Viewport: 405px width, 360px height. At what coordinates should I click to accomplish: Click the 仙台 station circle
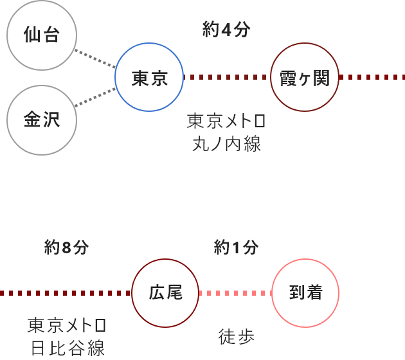point(42,35)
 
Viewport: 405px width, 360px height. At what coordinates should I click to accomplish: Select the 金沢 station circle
point(42,120)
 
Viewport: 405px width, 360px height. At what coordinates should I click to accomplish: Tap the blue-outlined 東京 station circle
point(149,78)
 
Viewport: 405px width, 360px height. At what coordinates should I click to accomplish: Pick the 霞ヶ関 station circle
point(305,78)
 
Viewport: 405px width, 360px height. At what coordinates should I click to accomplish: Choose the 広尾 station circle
point(165,293)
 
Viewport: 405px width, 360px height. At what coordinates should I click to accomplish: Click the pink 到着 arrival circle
point(305,293)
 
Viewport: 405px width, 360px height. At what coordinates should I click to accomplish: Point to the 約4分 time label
point(226,30)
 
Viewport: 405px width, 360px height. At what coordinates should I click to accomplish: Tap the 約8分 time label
point(67,247)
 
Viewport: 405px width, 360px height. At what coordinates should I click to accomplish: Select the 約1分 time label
point(237,247)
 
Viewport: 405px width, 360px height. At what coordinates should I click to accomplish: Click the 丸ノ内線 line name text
point(226,143)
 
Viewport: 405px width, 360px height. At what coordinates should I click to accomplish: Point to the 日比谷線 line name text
point(67,348)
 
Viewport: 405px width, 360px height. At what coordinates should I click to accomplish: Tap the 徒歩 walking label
point(236,336)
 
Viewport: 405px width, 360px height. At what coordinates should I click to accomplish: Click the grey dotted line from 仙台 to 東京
point(95,58)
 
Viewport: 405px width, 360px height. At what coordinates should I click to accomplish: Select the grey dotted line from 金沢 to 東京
point(95,98)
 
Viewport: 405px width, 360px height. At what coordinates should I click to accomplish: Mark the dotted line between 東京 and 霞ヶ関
point(226,78)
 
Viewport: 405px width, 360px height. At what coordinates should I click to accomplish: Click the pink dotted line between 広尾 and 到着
point(235,293)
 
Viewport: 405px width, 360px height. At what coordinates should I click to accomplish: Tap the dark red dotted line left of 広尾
point(64,293)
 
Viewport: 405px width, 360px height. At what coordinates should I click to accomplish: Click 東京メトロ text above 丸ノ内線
point(226,122)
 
